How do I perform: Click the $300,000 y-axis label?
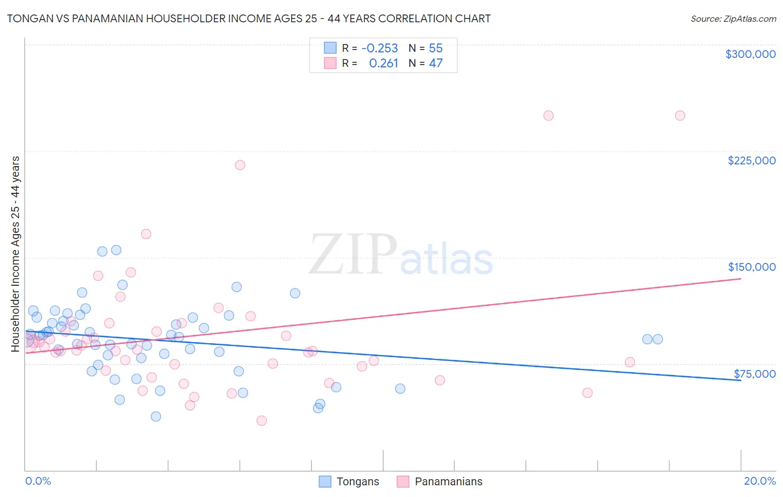[x=750, y=54]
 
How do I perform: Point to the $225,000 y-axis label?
[x=751, y=160]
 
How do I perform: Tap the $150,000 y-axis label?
[x=751, y=267]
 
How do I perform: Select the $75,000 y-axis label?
[x=754, y=374]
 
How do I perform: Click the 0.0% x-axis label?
[x=38, y=481]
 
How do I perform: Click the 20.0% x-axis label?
[x=760, y=481]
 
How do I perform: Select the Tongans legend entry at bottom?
[x=349, y=481]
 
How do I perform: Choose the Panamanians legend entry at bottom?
[x=439, y=481]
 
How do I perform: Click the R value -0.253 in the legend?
[x=379, y=48]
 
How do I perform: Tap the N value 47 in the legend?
[x=435, y=64]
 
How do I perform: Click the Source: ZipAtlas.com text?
[x=733, y=18]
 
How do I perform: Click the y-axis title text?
[x=16, y=254]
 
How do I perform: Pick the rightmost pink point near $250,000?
[x=680, y=116]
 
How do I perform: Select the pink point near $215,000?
[x=240, y=165]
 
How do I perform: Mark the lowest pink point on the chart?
[x=262, y=421]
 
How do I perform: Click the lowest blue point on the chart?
[x=156, y=416]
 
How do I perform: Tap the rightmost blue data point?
[x=658, y=339]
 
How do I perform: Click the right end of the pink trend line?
[x=741, y=278]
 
